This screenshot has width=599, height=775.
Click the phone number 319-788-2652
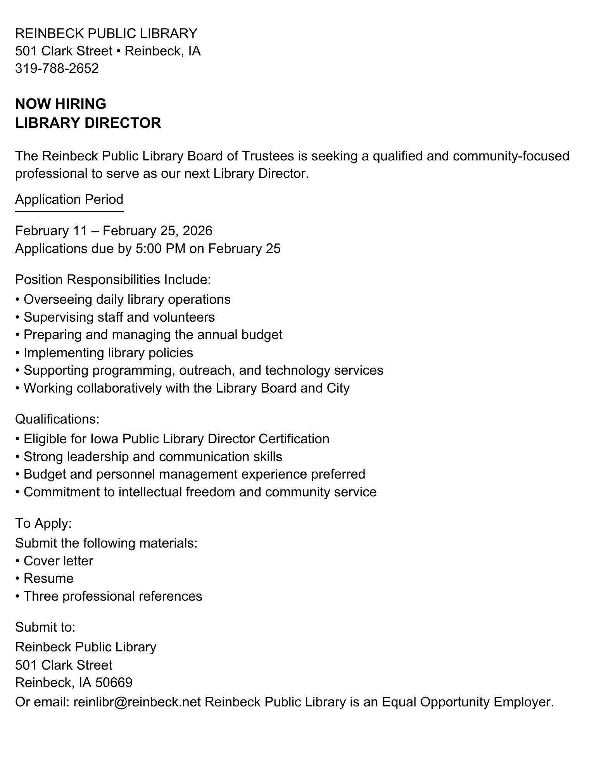click(x=57, y=68)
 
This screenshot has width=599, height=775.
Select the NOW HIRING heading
click(x=60, y=104)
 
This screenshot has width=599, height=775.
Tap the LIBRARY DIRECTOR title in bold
click(x=88, y=123)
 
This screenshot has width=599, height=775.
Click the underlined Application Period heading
click(x=69, y=199)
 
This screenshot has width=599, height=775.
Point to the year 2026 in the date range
click(x=197, y=231)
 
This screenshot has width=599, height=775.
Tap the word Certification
click(x=294, y=439)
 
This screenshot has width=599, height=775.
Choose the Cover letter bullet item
click(x=58, y=561)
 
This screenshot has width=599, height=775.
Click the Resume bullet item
click(x=48, y=578)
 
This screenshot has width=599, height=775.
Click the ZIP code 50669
click(x=114, y=682)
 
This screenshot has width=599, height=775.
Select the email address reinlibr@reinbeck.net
click(x=137, y=702)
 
